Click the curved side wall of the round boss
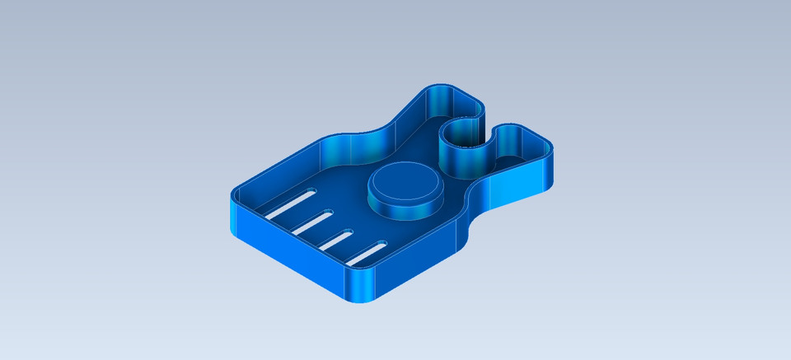pos(404,210)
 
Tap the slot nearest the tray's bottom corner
pos(366,254)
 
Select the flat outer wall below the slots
pos(288,262)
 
